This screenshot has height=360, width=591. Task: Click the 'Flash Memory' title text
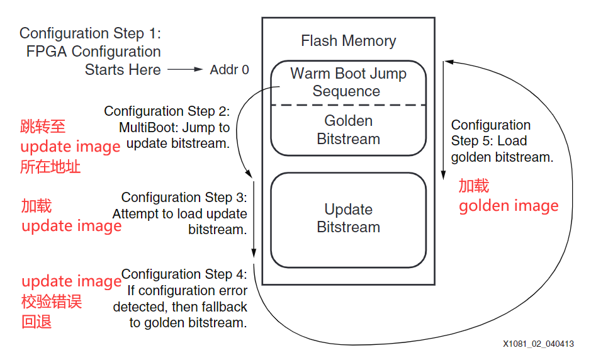coord(348,42)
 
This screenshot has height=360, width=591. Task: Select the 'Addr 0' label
coord(229,70)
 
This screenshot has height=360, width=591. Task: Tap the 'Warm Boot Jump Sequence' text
coord(348,82)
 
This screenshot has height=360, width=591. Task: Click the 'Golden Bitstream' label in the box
coord(348,130)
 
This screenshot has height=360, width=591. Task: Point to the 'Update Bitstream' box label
coord(348,218)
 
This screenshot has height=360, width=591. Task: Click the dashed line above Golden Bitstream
coord(348,104)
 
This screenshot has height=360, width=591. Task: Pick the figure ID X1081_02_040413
coord(538,344)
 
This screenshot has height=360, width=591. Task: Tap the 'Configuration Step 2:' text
coord(167,111)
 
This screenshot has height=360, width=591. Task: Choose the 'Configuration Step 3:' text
coord(184,198)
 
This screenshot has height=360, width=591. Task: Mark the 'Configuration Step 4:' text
coord(184,274)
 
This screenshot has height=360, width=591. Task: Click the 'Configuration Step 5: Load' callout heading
coord(490,133)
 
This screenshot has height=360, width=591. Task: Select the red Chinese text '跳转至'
coord(43,127)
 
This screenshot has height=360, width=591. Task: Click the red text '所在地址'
coord(50,167)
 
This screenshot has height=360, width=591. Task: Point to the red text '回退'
coord(37,323)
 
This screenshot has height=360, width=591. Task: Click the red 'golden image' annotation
coord(509,206)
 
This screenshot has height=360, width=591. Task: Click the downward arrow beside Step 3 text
coord(254,220)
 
